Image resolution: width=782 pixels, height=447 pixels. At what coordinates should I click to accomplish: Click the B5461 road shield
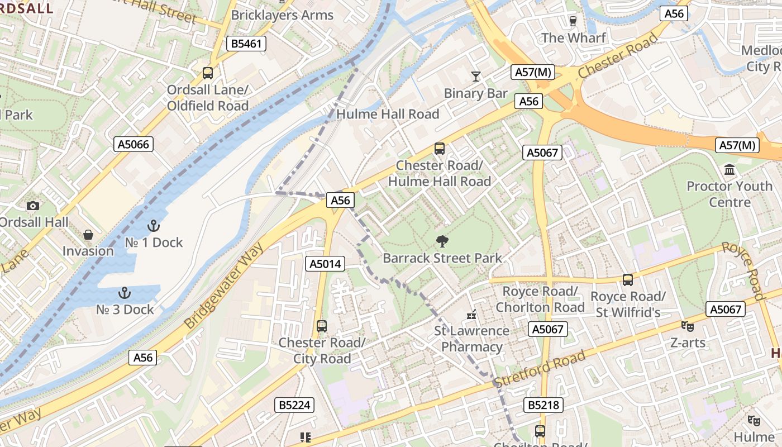coord(246,44)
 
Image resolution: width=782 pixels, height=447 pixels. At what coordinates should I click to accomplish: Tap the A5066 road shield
coord(134,144)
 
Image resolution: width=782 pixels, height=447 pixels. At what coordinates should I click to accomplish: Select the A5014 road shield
coord(325,264)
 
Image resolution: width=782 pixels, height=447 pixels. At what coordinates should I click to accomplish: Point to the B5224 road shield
coord(294,405)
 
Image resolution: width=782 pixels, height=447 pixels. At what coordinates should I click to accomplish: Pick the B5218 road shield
coord(543,405)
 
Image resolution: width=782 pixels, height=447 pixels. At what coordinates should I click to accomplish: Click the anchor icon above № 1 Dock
coord(152,226)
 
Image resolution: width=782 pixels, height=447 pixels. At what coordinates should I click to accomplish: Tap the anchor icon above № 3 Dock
coord(125,293)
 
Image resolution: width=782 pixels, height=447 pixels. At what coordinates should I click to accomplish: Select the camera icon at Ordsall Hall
coord(33,206)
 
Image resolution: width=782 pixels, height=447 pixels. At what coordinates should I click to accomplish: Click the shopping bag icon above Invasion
coord(88,235)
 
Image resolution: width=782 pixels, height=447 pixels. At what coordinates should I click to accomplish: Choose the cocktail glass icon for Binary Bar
coord(476,77)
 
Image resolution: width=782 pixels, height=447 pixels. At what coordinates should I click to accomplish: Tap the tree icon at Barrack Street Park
coord(442,241)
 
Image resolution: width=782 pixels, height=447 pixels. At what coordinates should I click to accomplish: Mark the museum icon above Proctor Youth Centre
coord(729,169)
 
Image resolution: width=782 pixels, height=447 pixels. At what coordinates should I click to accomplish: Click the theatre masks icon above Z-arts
coord(687,326)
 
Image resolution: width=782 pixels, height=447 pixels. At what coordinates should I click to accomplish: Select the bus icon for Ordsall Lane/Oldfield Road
coord(207,73)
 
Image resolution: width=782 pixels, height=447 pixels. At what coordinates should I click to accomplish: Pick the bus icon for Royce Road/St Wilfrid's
coord(628,279)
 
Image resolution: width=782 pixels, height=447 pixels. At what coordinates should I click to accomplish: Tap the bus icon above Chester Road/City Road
coord(322,326)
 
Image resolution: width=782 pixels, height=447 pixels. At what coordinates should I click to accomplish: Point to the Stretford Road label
coord(540,368)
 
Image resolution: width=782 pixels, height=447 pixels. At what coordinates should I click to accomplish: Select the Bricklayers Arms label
coord(282,15)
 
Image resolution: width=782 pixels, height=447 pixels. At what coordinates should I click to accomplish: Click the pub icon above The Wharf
coord(573,21)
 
